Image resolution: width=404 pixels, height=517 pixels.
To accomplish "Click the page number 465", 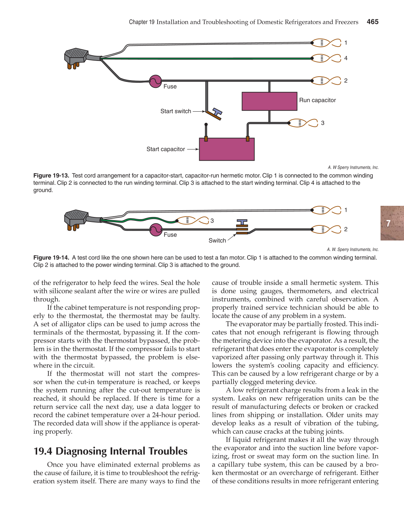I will point(372,22).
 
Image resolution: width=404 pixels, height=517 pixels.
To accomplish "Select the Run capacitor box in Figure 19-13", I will point(269,101).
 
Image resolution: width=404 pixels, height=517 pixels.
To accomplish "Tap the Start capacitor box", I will point(227,149).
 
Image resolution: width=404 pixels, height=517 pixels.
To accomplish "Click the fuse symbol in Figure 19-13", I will point(155,81).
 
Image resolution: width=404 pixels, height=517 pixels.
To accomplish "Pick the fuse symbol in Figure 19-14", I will point(155,230).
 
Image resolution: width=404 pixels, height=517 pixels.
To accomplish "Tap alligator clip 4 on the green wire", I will point(326,58).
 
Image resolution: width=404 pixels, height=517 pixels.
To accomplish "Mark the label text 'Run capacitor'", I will point(317,100).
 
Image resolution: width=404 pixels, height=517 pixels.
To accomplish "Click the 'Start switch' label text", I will point(176,111).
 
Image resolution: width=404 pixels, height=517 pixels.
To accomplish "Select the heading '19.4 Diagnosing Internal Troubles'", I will point(110,451).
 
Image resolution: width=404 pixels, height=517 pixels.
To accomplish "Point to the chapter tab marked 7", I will point(391,223).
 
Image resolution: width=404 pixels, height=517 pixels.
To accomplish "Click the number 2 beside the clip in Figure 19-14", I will point(346,229).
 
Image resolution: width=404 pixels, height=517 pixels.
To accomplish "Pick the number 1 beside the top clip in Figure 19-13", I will point(346,43).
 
